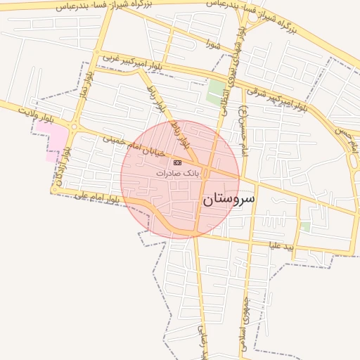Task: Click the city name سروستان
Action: pos(229,200)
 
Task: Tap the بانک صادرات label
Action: pos(178,172)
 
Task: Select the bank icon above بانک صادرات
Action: pos(177,162)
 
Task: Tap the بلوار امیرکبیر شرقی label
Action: pos(276,98)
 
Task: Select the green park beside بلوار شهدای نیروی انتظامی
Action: pos(216,92)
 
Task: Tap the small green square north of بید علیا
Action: pos(305,226)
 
